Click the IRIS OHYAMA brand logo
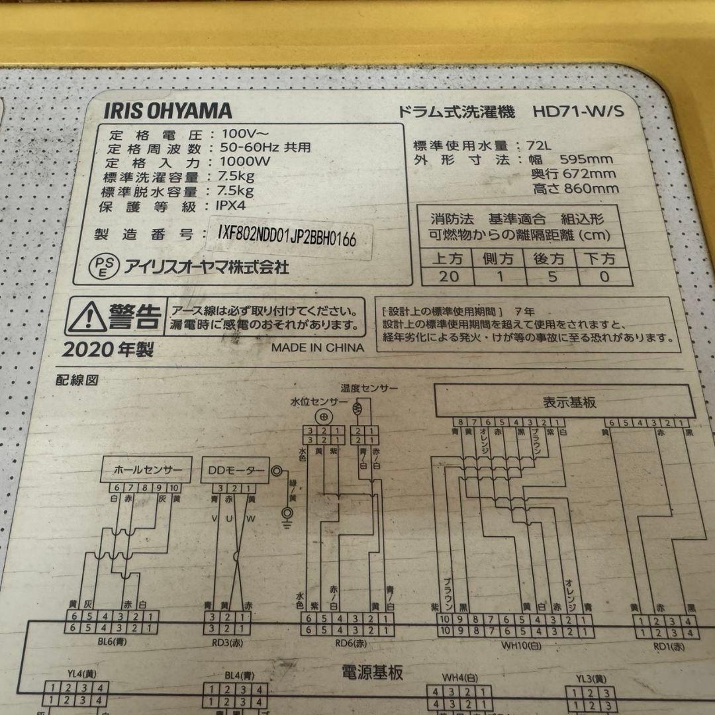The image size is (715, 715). [167, 111]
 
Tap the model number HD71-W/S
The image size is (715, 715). [578, 112]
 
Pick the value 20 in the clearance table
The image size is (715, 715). [448, 276]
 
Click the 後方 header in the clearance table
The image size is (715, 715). [548, 258]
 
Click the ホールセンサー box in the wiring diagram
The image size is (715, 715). [147, 471]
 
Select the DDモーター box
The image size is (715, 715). [237, 471]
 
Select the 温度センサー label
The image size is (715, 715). [369, 387]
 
